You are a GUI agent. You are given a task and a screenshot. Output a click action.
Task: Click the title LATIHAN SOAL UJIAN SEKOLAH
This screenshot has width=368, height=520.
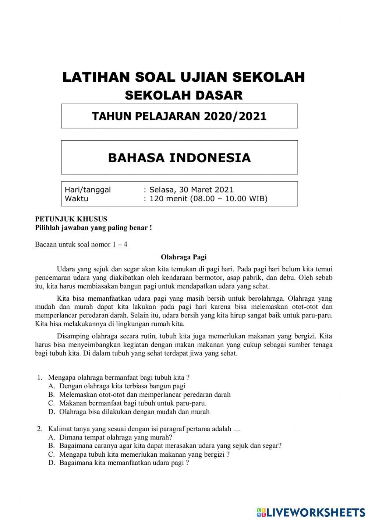[184, 77]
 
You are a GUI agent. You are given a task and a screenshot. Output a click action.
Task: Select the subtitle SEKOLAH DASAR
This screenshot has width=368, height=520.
[184, 95]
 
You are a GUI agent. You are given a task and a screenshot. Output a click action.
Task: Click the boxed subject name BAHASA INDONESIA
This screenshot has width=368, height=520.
[179, 158]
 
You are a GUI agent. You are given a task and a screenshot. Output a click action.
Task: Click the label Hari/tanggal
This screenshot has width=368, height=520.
[88, 190]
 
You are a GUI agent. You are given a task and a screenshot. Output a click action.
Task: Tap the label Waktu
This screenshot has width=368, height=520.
[77, 199]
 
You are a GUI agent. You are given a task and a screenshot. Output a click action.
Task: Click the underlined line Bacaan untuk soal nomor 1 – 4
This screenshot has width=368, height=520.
[81, 244]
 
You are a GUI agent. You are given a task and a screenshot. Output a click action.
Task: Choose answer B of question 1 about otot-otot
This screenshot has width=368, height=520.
[145, 395]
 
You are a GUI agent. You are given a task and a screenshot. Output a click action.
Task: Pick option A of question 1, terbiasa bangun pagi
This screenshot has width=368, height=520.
[122, 386]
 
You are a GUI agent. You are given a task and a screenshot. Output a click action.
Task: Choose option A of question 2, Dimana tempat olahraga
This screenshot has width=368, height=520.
[116, 437]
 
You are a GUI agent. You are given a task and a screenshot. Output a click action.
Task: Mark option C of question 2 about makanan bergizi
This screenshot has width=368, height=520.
[144, 454]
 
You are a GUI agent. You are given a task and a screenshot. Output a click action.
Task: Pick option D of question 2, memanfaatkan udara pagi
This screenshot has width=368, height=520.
[124, 463]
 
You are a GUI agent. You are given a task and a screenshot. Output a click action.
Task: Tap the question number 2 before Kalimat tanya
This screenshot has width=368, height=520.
[39, 429]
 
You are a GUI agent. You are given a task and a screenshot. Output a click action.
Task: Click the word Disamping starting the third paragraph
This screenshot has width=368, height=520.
[73, 336]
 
